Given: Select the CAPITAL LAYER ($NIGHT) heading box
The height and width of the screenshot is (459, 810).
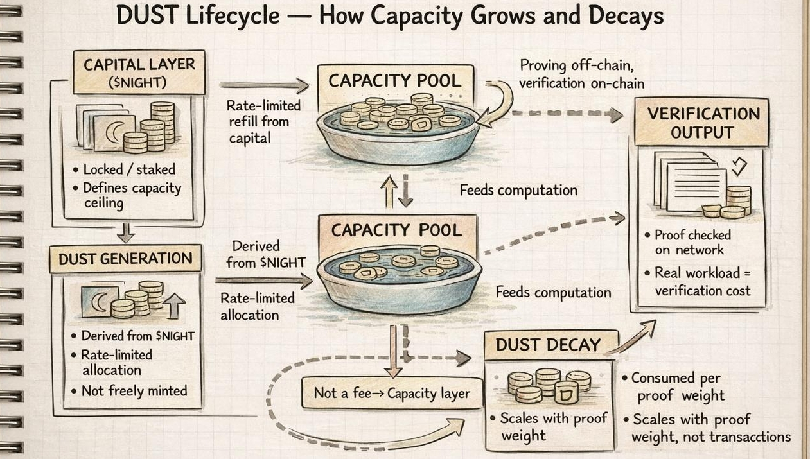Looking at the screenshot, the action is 139,73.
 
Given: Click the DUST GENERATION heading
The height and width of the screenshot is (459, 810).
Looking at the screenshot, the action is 125,259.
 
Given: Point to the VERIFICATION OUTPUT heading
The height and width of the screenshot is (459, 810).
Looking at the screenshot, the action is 703,123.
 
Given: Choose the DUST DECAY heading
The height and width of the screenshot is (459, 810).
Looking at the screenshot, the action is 549,345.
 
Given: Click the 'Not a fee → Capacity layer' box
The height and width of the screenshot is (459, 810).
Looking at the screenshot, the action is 392,393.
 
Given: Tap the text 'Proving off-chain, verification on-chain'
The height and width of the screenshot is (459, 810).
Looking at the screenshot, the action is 581,74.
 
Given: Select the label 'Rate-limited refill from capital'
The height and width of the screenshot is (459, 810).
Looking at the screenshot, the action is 263,121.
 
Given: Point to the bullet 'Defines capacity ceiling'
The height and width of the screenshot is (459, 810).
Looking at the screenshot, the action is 132,195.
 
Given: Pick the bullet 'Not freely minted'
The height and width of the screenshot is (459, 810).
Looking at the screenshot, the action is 134,390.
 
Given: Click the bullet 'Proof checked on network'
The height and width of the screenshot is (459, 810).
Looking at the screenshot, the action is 692,243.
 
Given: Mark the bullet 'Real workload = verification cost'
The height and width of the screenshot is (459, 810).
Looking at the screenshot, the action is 702,281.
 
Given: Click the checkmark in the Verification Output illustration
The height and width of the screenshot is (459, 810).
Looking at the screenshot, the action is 740,167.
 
